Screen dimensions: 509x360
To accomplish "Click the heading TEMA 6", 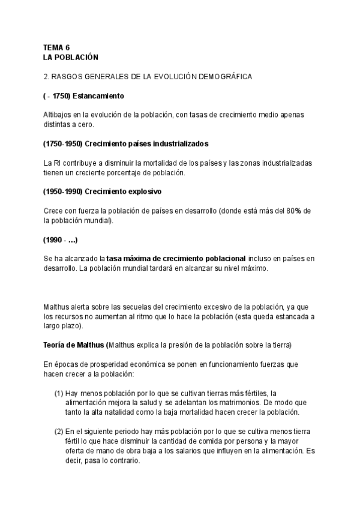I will [x=56, y=47].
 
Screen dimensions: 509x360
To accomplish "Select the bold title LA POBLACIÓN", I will [x=70, y=56].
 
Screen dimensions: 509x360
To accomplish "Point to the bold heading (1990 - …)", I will [x=61, y=239].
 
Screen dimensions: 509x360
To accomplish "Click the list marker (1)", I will [x=59, y=393].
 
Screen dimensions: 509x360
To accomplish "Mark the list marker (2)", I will [x=59, y=432].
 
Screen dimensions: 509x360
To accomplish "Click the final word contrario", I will [x=124, y=461].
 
